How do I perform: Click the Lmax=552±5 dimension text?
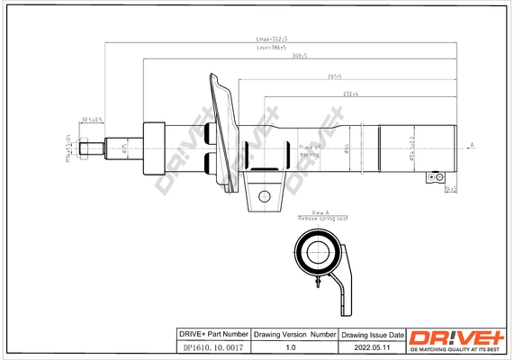click(x=272, y=40)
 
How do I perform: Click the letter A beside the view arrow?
click(x=472, y=145)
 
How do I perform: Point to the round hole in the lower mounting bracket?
click(x=263, y=194)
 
